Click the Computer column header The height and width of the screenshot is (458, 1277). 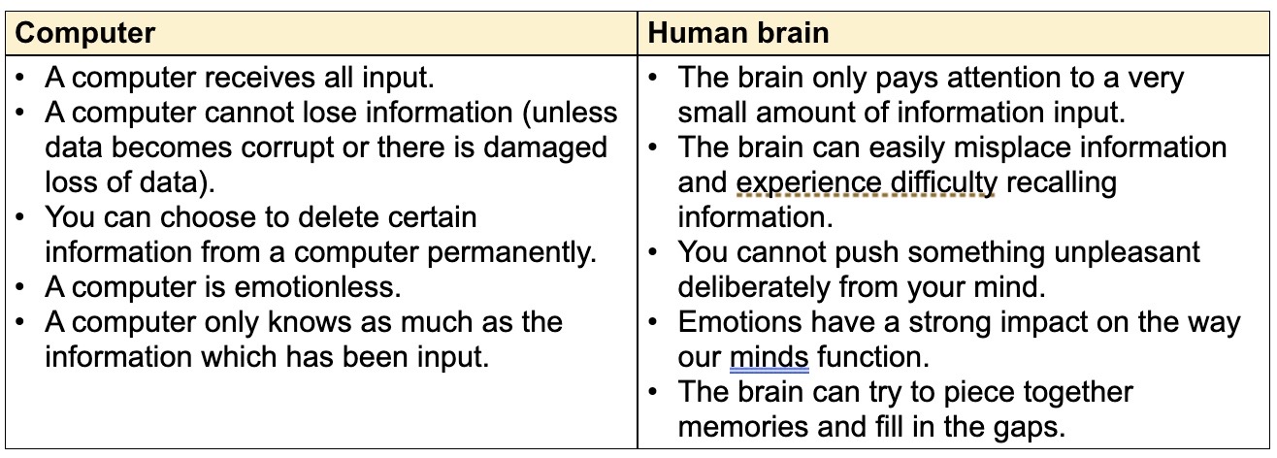[x=85, y=33]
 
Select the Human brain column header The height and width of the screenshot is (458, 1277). [x=738, y=33]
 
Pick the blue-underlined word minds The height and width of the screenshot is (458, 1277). [x=769, y=357]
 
